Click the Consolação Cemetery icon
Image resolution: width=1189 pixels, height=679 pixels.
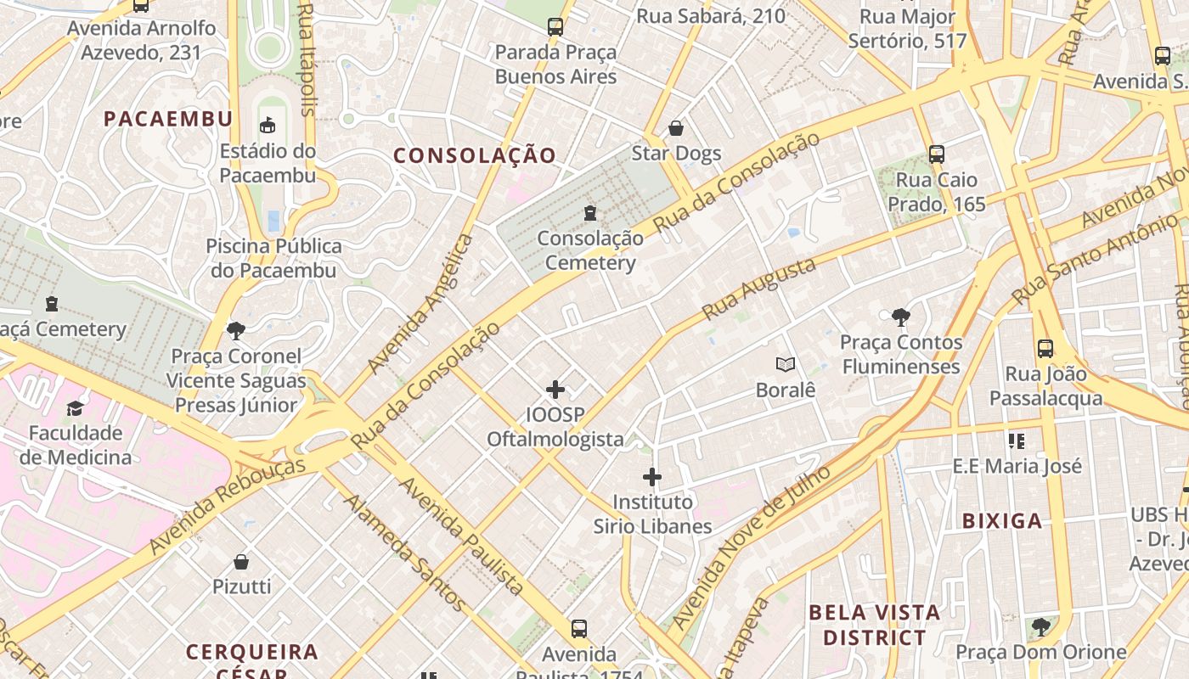tap(590, 212)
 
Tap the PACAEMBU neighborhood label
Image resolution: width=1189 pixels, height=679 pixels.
tap(168, 119)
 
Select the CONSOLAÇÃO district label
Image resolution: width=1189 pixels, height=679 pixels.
tap(475, 155)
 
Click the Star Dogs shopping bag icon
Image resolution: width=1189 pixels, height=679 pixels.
tap(676, 128)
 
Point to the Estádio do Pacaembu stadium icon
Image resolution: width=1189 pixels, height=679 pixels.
tap(268, 126)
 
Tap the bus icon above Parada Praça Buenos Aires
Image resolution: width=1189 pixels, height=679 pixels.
tap(555, 26)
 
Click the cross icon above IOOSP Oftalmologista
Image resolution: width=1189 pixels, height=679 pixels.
tap(555, 390)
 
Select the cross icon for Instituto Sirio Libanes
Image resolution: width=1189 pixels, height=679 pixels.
tap(652, 477)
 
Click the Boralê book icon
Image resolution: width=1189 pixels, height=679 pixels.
tap(786, 365)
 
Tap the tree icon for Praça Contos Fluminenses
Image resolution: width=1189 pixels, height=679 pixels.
tap(901, 317)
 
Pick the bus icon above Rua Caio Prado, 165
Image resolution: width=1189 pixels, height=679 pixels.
tap(937, 154)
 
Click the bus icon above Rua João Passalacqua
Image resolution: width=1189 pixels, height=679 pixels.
tap(1045, 348)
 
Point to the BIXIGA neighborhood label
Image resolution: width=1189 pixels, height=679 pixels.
tap(1002, 521)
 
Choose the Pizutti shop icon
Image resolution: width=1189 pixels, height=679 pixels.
tap(241, 561)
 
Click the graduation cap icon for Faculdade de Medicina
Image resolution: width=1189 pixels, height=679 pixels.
tap(76, 408)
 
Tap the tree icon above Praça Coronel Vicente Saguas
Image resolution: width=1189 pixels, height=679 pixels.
tap(236, 330)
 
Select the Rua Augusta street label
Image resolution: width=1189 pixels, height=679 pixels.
tap(759, 289)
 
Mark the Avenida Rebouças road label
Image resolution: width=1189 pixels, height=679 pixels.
tap(227, 507)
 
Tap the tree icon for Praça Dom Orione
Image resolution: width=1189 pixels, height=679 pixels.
tap(1040, 627)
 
